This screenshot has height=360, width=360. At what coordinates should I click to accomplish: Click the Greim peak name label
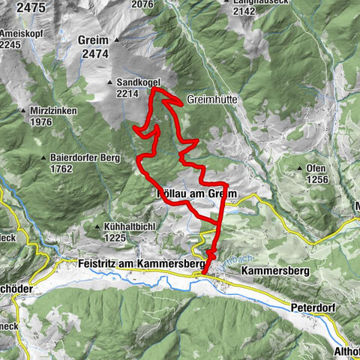pyautogui.click(x=94, y=40)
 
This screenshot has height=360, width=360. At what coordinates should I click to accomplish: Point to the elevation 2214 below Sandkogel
pyautogui.click(x=128, y=94)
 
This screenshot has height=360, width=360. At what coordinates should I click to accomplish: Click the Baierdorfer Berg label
pyautogui.click(x=82, y=157)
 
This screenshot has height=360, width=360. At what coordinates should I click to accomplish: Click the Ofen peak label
pyautogui.click(x=317, y=168)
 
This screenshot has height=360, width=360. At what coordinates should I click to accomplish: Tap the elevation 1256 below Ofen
pyautogui.click(x=317, y=179)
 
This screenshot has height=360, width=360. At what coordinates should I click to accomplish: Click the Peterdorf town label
pyautogui.click(x=313, y=307)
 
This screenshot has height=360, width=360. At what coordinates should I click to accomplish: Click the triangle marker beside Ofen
pyautogui.click(x=300, y=168)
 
